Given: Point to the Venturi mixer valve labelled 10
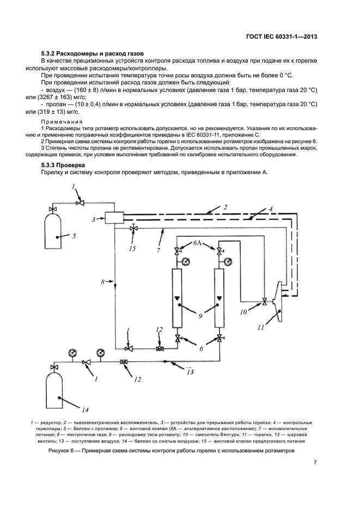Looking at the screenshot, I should tap(265, 302).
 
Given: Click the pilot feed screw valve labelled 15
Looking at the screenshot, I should tap(133, 228).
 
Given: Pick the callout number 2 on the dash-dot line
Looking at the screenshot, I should tap(224, 206).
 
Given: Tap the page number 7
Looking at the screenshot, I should tap(315, 463).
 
